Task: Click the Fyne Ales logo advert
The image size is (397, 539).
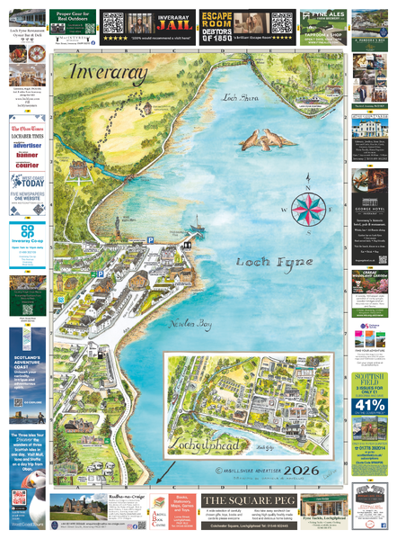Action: click(322, 17)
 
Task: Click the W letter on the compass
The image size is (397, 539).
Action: click(285, 210)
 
